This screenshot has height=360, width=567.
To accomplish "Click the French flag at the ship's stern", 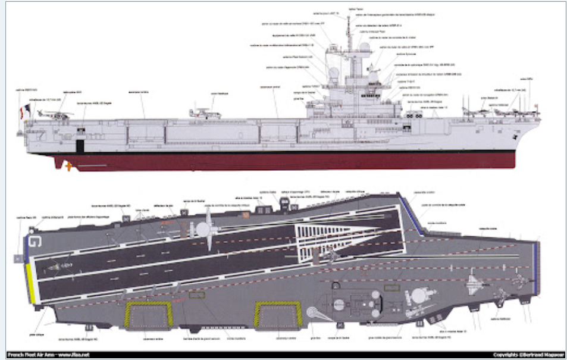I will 26,110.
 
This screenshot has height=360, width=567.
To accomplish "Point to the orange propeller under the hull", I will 69,166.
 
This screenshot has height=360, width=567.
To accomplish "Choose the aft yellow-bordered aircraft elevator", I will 148,315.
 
